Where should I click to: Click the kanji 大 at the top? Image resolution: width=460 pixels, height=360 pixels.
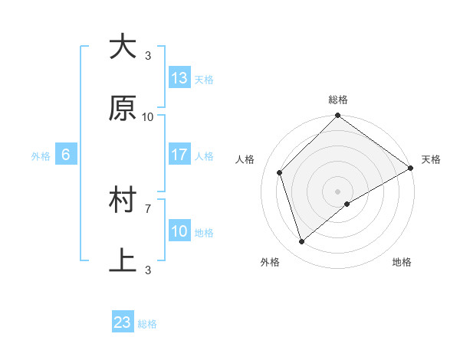pyautogui.click(x=123, y=47)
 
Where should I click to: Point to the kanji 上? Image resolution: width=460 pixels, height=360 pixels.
pyautogui.click(x=123, y=261)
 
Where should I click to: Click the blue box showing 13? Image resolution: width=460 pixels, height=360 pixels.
pyautogui.click(x=179, y=78)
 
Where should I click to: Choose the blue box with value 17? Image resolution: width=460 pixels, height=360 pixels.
pyautogui.click(x=179, y=155)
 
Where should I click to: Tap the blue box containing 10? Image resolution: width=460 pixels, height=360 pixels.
pyautogui.click(x=179, y=231)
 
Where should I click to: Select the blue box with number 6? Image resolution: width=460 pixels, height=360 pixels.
pyautogui.click(x=66, y=155)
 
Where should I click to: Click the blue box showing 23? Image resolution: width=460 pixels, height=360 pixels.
pyautogui.click(x=123, y=322)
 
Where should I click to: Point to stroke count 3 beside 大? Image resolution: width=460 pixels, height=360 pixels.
pyautogui.click(x=148, y=55)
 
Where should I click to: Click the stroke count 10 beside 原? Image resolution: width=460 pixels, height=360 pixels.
pyautogui.click(x=148, y=116)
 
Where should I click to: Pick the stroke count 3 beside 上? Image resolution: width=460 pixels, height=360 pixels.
pyautogui.click(x=148, y=270)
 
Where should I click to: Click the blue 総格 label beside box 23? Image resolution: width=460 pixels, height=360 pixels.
pyautogui.click(x=147, y=324)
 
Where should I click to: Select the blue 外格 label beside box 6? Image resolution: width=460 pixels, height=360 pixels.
pyautogui.click(x=41, y=155)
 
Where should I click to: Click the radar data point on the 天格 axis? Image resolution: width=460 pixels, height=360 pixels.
pyautogui.click(x=411, y=169)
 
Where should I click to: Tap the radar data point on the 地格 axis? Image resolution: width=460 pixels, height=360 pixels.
pyautogui.click(x=347, y=204)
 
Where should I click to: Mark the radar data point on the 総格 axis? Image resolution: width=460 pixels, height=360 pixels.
pyautogui.click(x=337, y=117)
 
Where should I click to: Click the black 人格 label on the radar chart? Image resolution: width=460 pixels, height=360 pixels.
pyautogui.click(x=245, y=159)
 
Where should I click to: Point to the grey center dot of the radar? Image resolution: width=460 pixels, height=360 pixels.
pyautogui.click(x=337, y=191)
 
